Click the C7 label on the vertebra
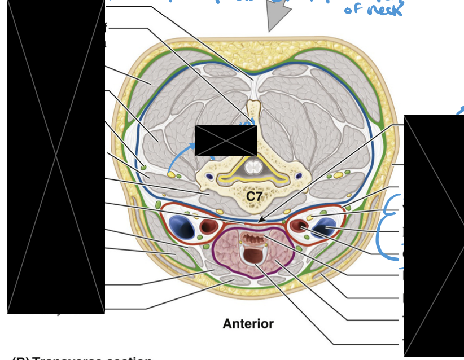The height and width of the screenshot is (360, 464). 255,196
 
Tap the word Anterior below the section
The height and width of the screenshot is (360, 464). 248,324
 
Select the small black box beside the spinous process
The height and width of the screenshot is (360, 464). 226,141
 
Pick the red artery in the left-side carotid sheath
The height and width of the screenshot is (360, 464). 209,227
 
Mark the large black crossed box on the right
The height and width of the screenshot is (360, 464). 433,236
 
